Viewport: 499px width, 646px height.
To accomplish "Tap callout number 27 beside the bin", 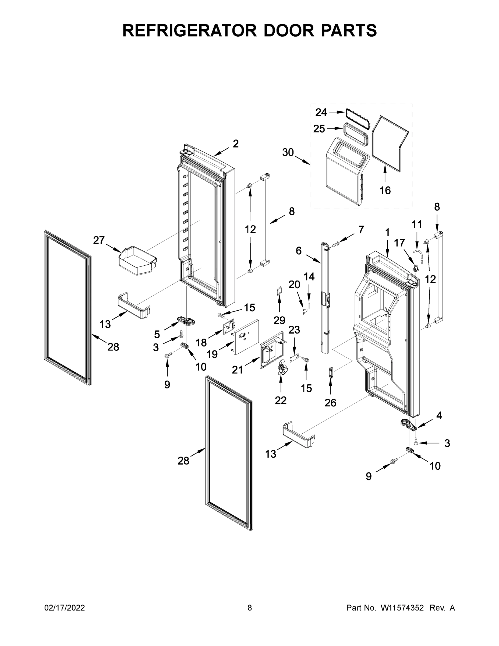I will (x=99, y=240).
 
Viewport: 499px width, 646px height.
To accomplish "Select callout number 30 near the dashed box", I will (x=288, y=152).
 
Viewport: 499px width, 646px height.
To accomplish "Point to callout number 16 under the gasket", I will (x=385, y=191).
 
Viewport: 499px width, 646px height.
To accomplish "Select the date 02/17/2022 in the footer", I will (x=65, y=608).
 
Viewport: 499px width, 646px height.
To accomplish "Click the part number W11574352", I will (x=402, y=608).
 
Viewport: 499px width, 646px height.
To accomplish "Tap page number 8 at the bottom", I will (x=250, y=608).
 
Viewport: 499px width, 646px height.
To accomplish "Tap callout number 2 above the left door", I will (x=235, y=144).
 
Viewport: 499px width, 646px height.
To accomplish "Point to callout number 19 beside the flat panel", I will (x=212, y=354).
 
